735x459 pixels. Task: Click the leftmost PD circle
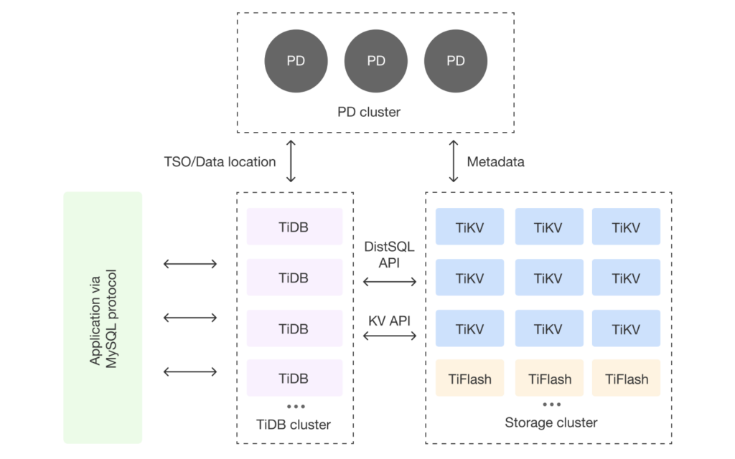(296, 61)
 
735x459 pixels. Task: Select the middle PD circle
(376, 61)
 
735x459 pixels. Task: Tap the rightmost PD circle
(456, 61)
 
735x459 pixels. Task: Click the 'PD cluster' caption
(369, 112)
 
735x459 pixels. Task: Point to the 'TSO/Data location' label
(220, 161)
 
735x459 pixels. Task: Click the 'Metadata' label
(495, 161)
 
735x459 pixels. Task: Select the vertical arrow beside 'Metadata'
(454, 161)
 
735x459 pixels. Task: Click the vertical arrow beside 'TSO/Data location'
(291, 161)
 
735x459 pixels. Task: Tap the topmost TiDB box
(294, 227)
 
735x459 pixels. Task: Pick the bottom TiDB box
(294, 378)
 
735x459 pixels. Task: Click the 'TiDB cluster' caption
(294, 425)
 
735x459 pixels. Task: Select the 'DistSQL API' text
(390, 255)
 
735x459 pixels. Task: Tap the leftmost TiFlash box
(469, 379)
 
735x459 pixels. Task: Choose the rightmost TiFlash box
(627, 379)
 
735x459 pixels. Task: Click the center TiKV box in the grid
(548, 278)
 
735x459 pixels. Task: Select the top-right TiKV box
(627, 227)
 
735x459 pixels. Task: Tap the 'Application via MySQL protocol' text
(103, 318)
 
